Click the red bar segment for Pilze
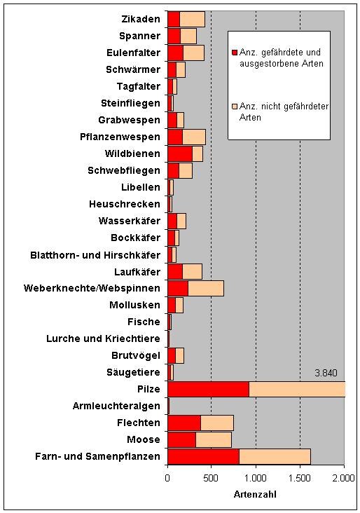click(x=208, y=389)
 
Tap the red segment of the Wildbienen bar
click(x=180, y=153)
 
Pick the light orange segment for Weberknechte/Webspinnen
click(x=206, y=288)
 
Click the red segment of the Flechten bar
click(x=184, y=423)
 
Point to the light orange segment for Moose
click(x=214, y=439)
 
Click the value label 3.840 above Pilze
click(x=326, y=373)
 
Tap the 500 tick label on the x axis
click(x=211, y=478)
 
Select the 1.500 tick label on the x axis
click(x=300, y=478)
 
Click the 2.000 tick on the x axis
click(x=344, y=478)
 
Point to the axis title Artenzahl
click(x=255, y=494)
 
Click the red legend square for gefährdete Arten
click(x=234, y=53)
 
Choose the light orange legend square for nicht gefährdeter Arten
click(x=234, y=107)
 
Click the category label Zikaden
click(x=141, y=19)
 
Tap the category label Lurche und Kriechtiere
click(x=104, y=338)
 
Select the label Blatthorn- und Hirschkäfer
click(x=95, y=255)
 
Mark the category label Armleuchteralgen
click(x=116, y=406)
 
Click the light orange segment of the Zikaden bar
click(x=193, y=19)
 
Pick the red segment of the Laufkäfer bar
click(x=175, y=271)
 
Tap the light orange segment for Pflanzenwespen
click(x=194, y=137)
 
